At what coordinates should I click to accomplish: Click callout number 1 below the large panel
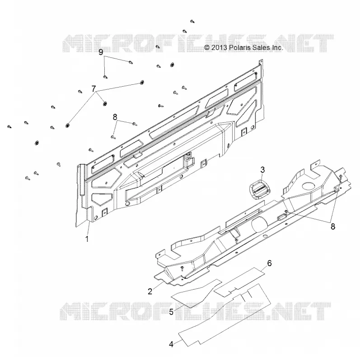click(x=87, y=239)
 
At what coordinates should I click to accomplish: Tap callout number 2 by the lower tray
click(x=150, y=292)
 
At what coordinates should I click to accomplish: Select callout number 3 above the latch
click(x=262, y=170)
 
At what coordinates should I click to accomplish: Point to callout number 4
click(x=171, y=344)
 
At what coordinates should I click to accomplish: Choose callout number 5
click(x=171, y=312)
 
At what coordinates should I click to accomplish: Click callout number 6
click(x=269, y=263)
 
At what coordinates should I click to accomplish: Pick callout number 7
click(x=94, y=88)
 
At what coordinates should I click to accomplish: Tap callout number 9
click(x=101, y=52)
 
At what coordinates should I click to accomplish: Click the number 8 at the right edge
click(x=333, y=227)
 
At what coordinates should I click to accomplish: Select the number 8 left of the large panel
click(x=115, y=117)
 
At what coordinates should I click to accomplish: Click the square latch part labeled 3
click(x=260, y=189)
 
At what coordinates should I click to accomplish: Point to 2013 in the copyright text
click(x=220, y=48)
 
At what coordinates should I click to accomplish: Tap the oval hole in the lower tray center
click(x=259, y=224)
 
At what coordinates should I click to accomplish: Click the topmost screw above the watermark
click(x=192, y=21)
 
